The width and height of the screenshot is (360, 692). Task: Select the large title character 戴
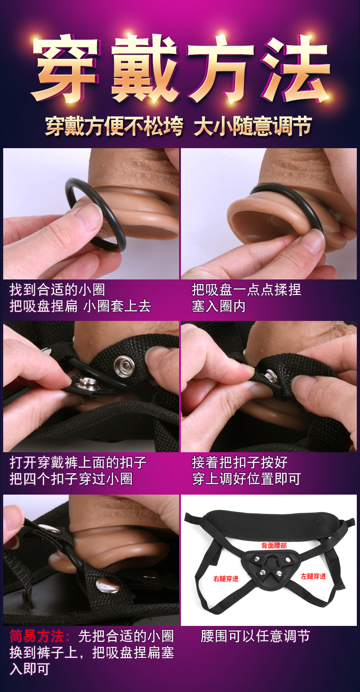click(144, 68)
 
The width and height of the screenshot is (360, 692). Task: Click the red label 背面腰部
click(274, 545)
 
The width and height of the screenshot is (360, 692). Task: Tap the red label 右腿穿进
click(226, 578)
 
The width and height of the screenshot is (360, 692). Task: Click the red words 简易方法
click(37, 636)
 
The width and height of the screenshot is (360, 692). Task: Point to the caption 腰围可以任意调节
click(255, 636)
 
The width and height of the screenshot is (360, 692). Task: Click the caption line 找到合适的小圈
click(57, 290)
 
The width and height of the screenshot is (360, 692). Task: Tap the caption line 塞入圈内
click(219, 306)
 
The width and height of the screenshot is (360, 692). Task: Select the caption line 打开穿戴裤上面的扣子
click(78, 462)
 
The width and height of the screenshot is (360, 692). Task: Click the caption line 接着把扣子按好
click(240, 462)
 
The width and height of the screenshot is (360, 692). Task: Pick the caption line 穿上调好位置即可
click(247, 479)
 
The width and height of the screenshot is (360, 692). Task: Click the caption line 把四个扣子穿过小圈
click(71, 479)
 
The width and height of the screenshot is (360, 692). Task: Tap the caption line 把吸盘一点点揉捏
click(247, 290)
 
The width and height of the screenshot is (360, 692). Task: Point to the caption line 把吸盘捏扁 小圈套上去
click(80, 306)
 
